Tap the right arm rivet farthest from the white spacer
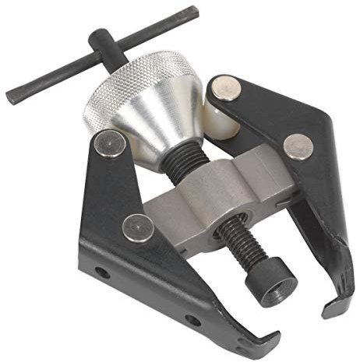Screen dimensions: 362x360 click(297, 146)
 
